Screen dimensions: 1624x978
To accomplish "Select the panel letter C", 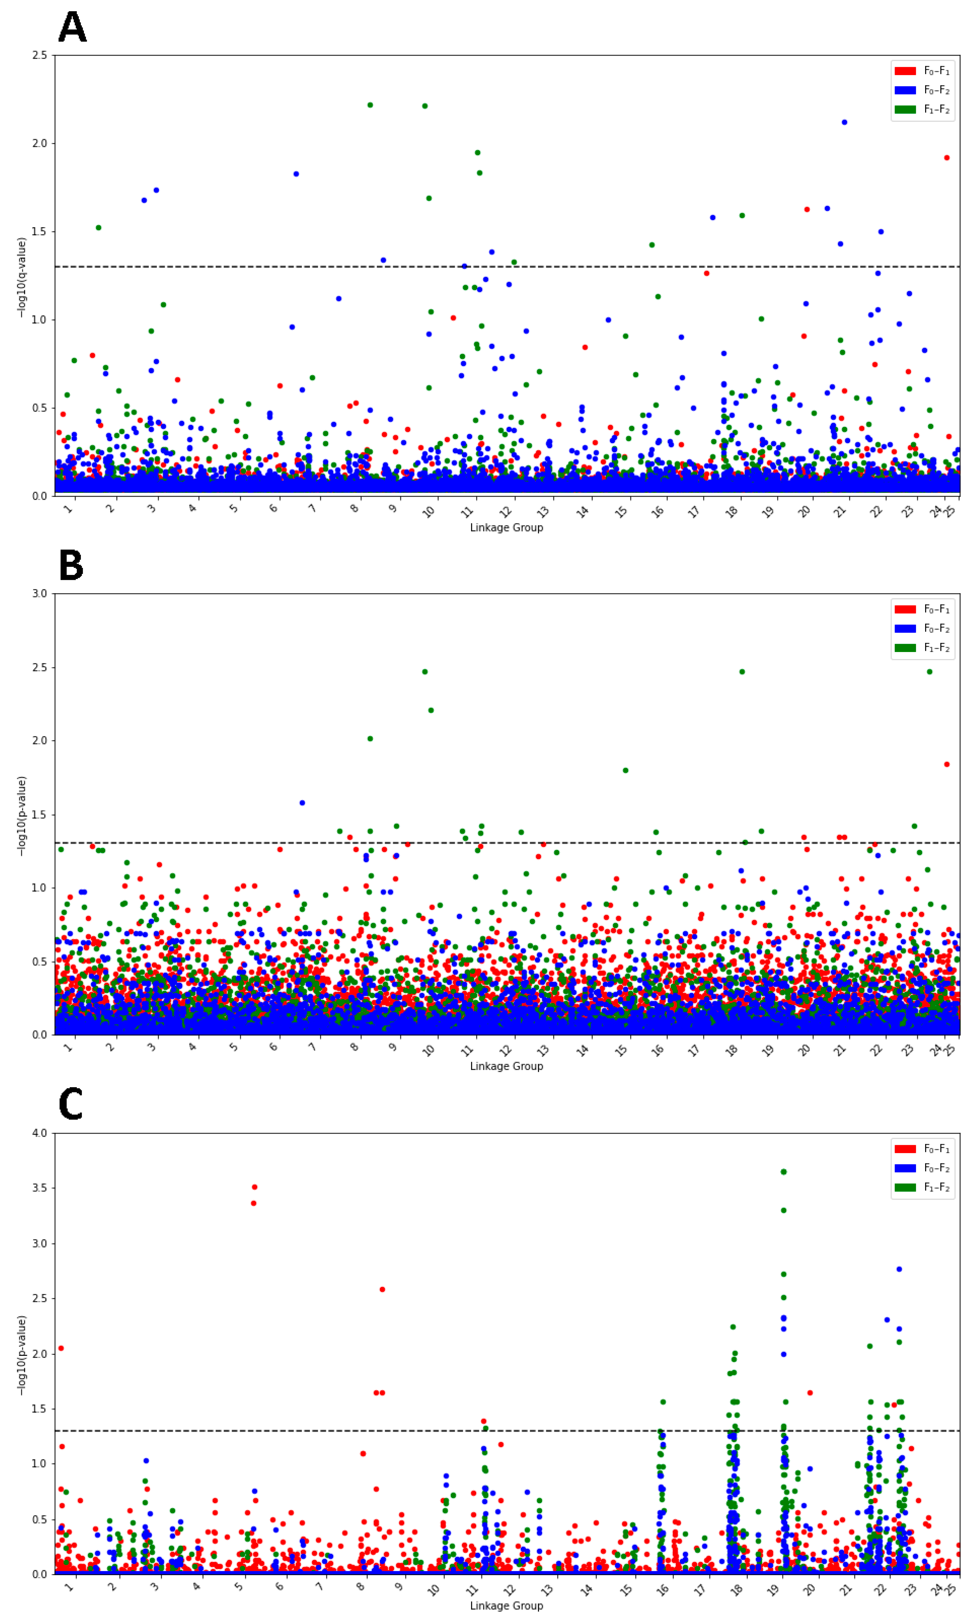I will (x=71, y=1105).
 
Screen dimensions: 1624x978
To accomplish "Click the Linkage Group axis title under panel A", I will (x=506, y=527).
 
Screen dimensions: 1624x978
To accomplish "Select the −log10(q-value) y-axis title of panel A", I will (x=22, y=277).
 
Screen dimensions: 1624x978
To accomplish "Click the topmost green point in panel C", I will (x=784, y=1172).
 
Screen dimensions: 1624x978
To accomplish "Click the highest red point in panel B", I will (x=947, y=765).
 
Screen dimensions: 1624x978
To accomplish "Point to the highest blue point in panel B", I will (x=302, y=803).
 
